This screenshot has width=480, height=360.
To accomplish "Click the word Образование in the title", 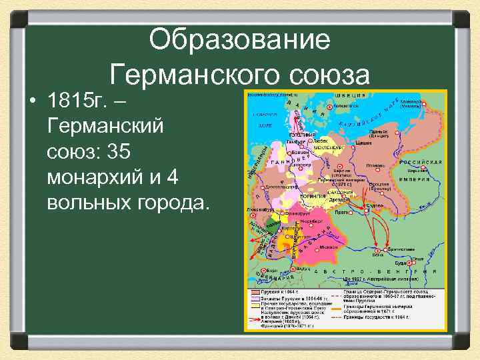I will pyautogui.click(x=239, y=41).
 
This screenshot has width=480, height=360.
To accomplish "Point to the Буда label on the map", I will pyautogui.click(x=411, y=263).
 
